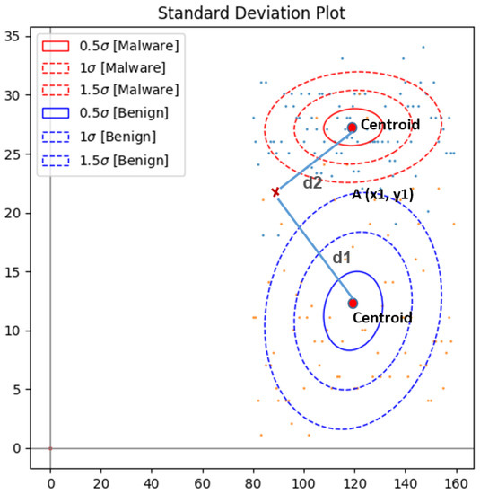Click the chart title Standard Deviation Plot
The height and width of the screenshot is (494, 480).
coord(240,13)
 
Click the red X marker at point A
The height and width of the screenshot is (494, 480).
coord(275,192)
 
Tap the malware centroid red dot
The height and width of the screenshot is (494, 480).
coord(352,128)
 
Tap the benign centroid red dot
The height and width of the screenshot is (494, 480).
coord(353,304)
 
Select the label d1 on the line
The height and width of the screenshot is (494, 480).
coord(342,258)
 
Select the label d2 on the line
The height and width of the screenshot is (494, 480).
coord(312,183)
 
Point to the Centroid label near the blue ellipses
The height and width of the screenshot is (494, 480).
coord(382,318)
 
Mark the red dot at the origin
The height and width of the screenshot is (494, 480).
coord(50,448)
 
